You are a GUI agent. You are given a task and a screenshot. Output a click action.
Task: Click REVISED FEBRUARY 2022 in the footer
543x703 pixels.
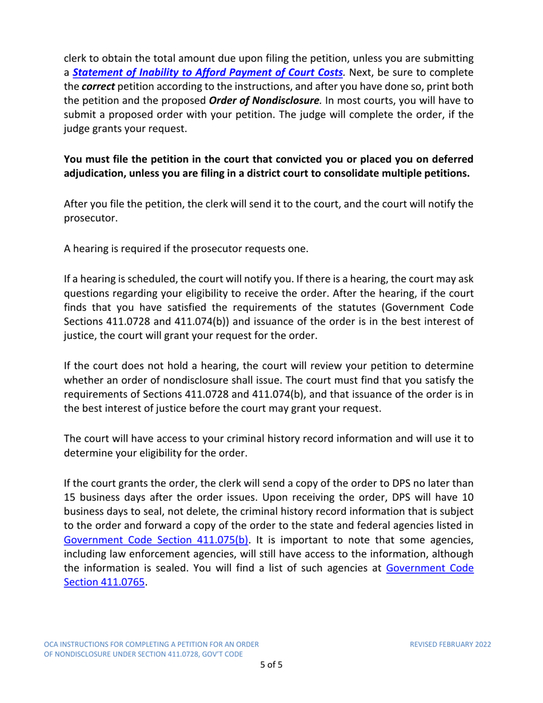point(451,644)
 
